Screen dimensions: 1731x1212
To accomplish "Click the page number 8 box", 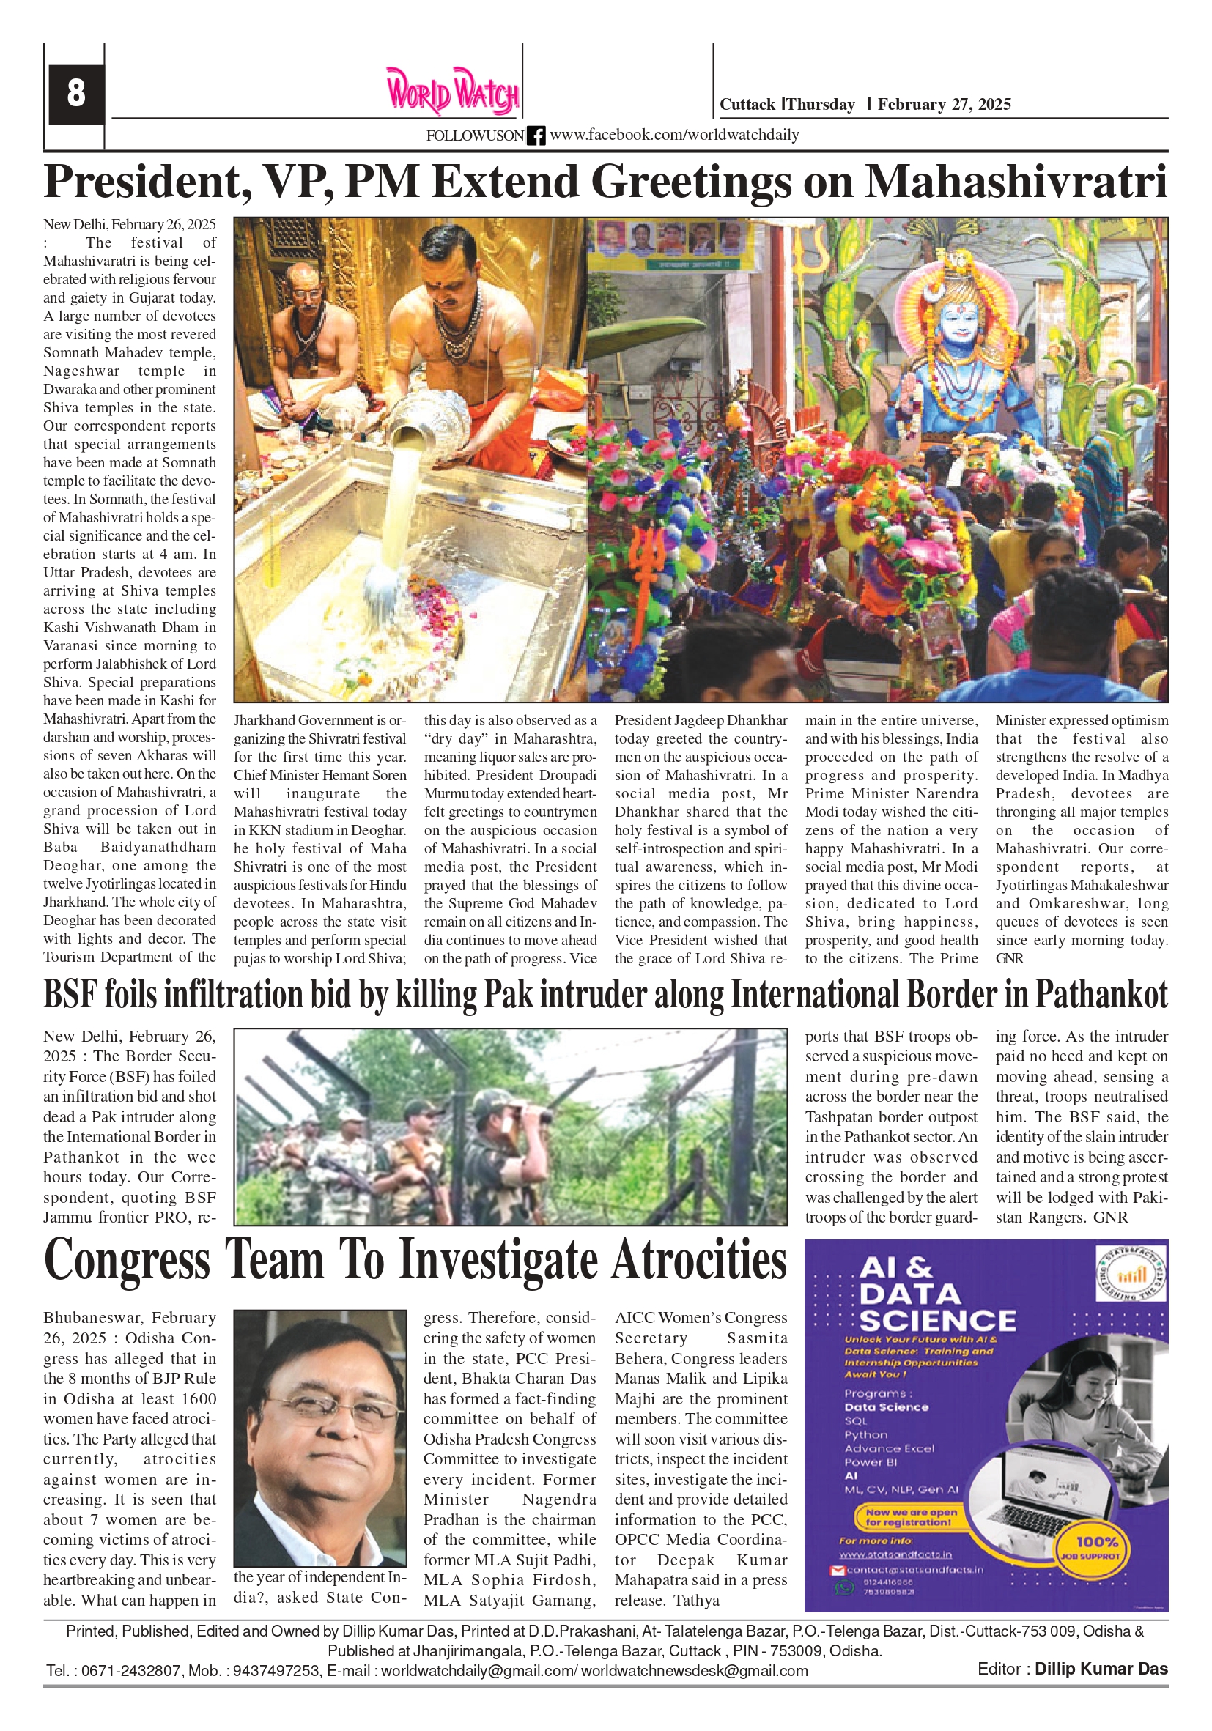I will pos(75,94).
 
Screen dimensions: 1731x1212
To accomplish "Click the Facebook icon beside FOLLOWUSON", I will pos(536,136).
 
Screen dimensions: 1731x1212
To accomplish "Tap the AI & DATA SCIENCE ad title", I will pos(936,1294).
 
